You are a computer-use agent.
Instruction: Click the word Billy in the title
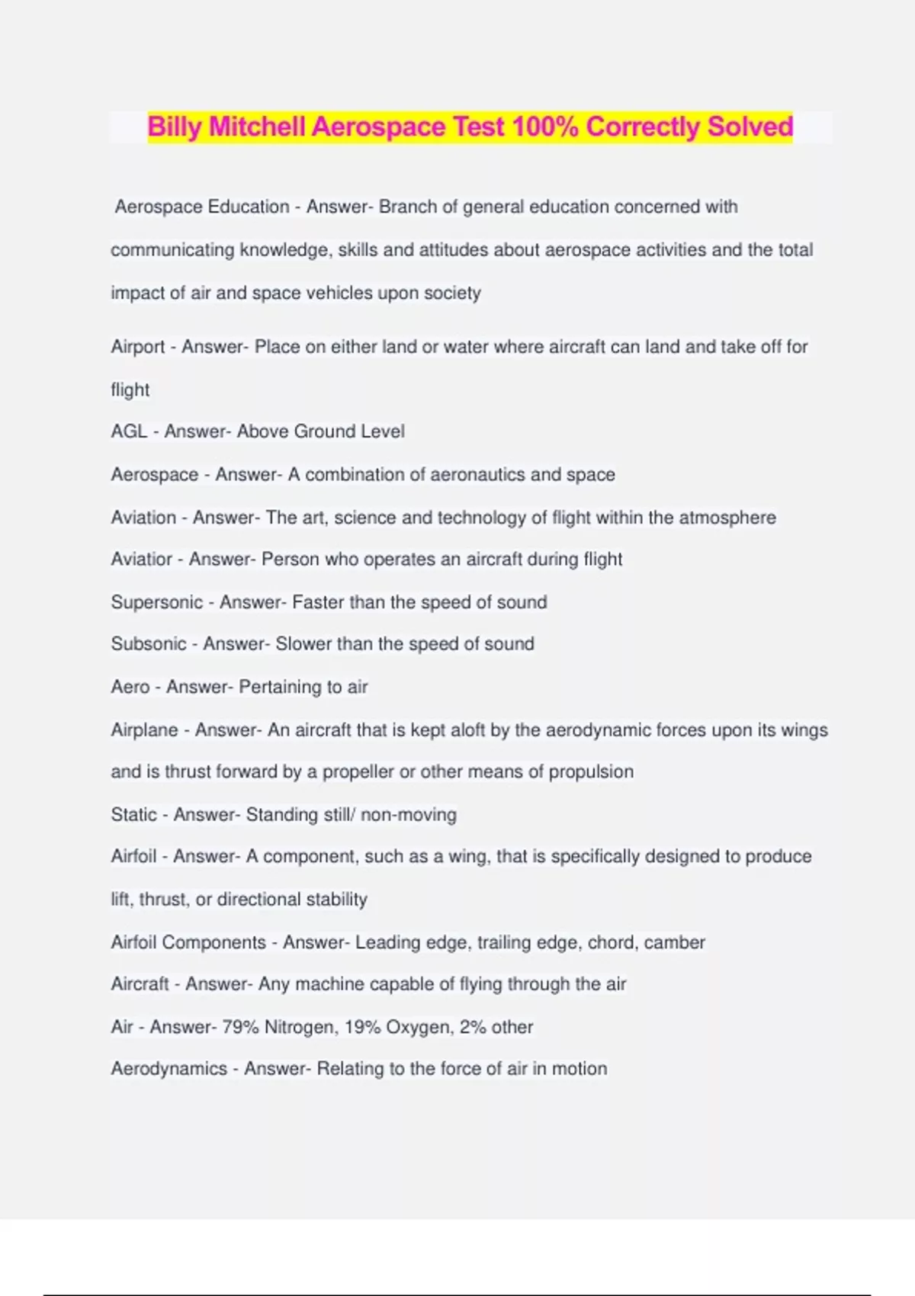tap(174, 127)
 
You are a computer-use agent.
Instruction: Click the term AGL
tap(129, 431)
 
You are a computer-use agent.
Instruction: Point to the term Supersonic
tap(156, 602)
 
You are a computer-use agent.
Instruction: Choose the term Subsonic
tap(148, 644)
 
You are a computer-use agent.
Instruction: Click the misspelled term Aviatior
tap(141, 560)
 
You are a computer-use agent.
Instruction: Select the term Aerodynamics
tap(169, 1069)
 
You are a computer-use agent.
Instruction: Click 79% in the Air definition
tap(240, 1028)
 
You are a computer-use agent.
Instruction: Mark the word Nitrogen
tap(300, 1028)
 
